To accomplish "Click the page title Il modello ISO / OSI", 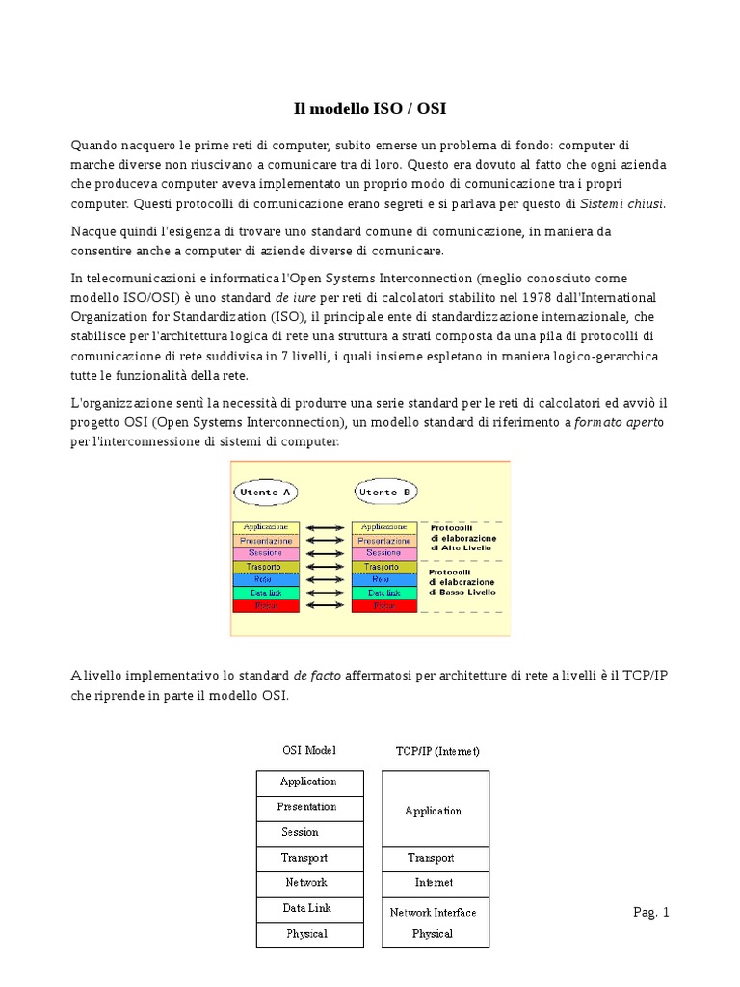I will pyautogui.click(x=370, y=110).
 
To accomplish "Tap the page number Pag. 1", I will pyautogui.click(x=650, y=912).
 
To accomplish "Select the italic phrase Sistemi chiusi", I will pyautogui.click(x=622, y=203).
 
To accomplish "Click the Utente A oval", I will pyautogui.click(x=265, y=492).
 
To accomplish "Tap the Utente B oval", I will pyautogui.click(x=384, y=492).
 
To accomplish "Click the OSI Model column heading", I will pyautogui.click(x=309, y=750).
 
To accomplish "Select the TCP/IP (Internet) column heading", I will pyautogui.click(x=437, y=750).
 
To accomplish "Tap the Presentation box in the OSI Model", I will pyautogui.click(x=308, y=807).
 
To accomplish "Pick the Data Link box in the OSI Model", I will pyautogui.click(x=308, y=908).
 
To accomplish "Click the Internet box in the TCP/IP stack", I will pyautogui.click(x=434, y=883).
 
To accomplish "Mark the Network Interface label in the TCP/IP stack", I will pyautogui.click(x=434, y=912).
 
